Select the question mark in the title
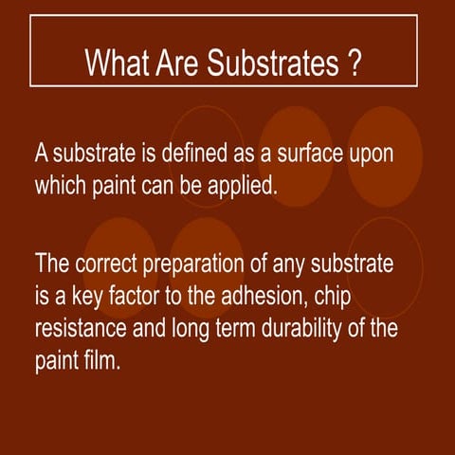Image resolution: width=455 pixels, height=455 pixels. [x=353, y=64]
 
